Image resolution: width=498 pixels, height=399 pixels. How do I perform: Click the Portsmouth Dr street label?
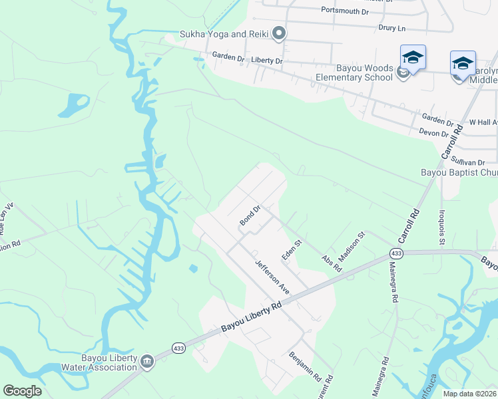[x=344, y=11]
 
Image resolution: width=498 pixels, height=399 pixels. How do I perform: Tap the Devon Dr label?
[x=434, y=133]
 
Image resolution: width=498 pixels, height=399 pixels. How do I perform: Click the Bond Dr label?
[x=249, y=215]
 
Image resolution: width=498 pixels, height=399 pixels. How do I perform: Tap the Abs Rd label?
[x=331, y=264]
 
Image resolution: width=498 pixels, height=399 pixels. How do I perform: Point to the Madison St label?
[x=352, y=245]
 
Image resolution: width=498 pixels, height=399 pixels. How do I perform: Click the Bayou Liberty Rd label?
[x=251, y=317]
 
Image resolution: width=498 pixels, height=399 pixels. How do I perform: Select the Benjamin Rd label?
[x=305, y=366]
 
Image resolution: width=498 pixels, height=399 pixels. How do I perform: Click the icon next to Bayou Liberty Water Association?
[x=147, y=362]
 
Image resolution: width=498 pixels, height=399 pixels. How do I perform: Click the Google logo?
[x=22, y=391]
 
